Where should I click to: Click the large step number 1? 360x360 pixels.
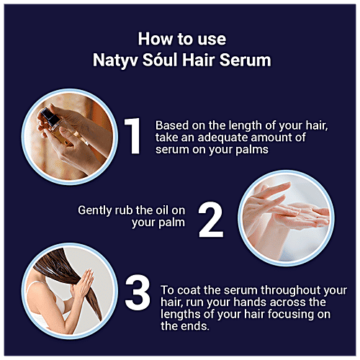133,136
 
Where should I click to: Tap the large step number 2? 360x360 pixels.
211,220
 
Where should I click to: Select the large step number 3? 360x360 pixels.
138,292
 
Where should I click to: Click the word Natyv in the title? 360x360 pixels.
115,60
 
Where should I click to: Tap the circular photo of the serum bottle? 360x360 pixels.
70,137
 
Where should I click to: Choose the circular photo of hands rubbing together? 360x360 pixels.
286,218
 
